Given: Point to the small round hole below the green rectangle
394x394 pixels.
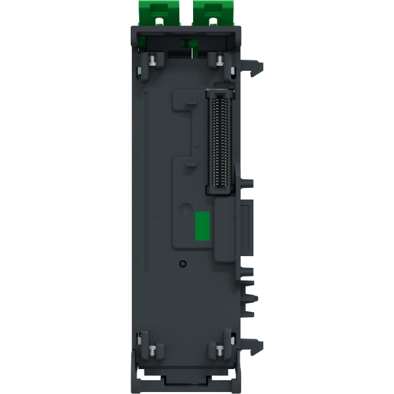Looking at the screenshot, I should (183, 263).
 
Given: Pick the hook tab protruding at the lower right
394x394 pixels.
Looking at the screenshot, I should (259, 343).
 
